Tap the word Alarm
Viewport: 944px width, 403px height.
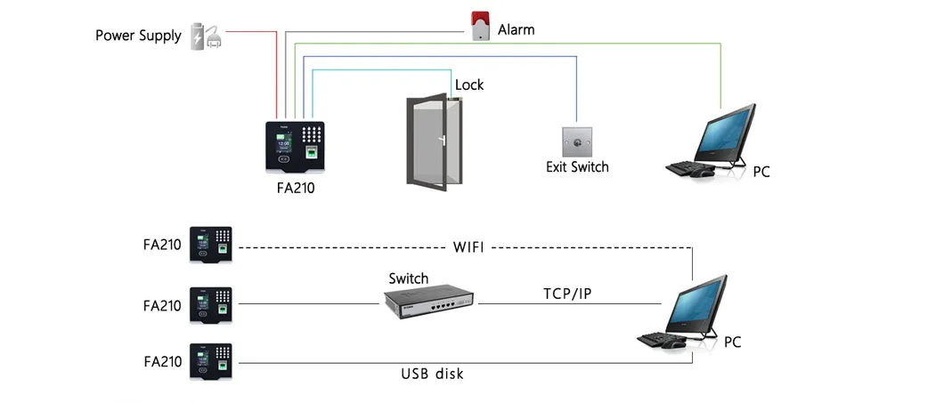tap(516, 29)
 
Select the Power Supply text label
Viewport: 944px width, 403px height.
tap(138, 36)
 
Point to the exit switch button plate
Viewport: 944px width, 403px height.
tap(576, 141)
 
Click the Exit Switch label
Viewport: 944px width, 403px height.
tap(577, 166)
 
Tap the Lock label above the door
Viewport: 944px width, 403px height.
tap(469, 85)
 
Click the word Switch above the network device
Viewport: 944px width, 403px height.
tap(409, 278)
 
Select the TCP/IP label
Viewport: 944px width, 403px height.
tap(567, 293)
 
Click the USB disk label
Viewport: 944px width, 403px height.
tap(432, 374)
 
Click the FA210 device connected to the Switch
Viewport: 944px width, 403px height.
tap(211, 305)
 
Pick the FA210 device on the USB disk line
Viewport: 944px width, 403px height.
tap(211, 361)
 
